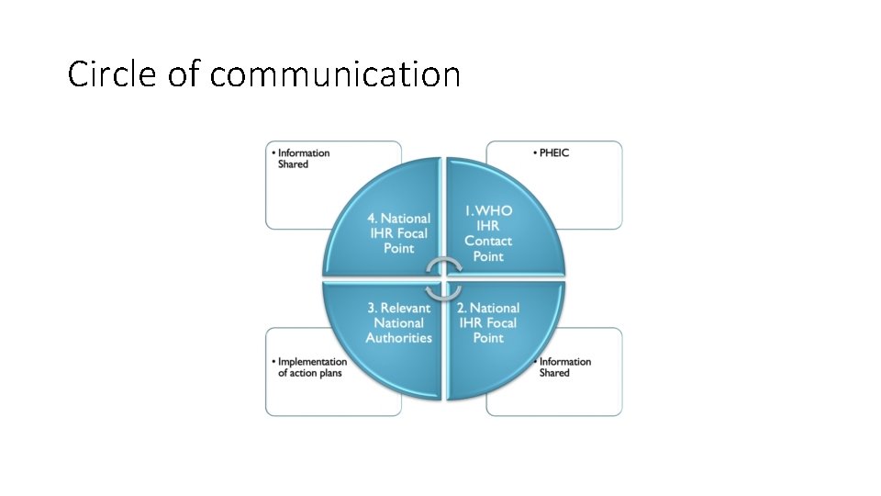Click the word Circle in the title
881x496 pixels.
coord(113,74)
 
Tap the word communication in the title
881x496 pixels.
coord(335,74)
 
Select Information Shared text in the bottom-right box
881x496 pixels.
coord(564,367)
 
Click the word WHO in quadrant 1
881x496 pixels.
coord(496,211)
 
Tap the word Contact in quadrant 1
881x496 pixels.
coord(488,241)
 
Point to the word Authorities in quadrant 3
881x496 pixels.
coord(398,338)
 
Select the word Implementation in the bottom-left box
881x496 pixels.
coord(312,362)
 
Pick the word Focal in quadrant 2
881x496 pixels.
coord(501,323)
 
